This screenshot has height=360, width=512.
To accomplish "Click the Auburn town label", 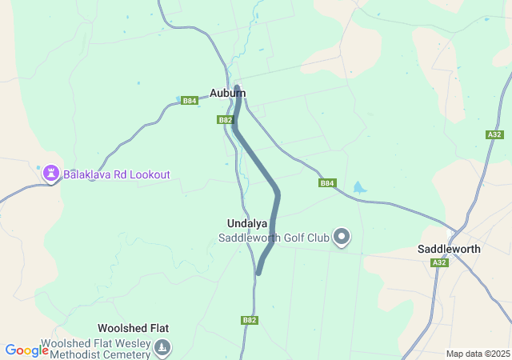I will coord(227,93).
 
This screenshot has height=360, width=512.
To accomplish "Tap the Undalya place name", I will coord(247,223).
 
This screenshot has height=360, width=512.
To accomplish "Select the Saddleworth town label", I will coord(449,249).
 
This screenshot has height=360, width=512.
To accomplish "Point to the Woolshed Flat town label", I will coord(133,328).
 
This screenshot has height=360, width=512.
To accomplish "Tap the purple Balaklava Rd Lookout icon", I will coord(51,173).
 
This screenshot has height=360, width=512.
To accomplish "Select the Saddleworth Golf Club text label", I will coord(274,238).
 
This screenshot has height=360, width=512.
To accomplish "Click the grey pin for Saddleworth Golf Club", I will coord(342,236).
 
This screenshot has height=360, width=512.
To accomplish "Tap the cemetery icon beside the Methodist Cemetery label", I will coord(162,347).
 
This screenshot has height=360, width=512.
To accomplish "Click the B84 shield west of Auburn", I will coord(189,101).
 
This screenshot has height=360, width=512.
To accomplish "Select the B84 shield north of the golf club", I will coord(326,183).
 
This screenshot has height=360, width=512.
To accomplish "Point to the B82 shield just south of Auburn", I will coord(225,120).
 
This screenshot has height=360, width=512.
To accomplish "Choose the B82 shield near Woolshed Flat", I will coord(250,320).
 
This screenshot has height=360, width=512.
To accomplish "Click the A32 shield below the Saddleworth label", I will coord(439,262).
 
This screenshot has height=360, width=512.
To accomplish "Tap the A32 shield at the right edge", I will coord(494,135).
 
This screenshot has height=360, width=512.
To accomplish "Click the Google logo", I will coord(26,350).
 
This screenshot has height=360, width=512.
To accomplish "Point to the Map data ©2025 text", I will coord(478,354).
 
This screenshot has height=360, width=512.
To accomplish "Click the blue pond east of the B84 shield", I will coord(358,188).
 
